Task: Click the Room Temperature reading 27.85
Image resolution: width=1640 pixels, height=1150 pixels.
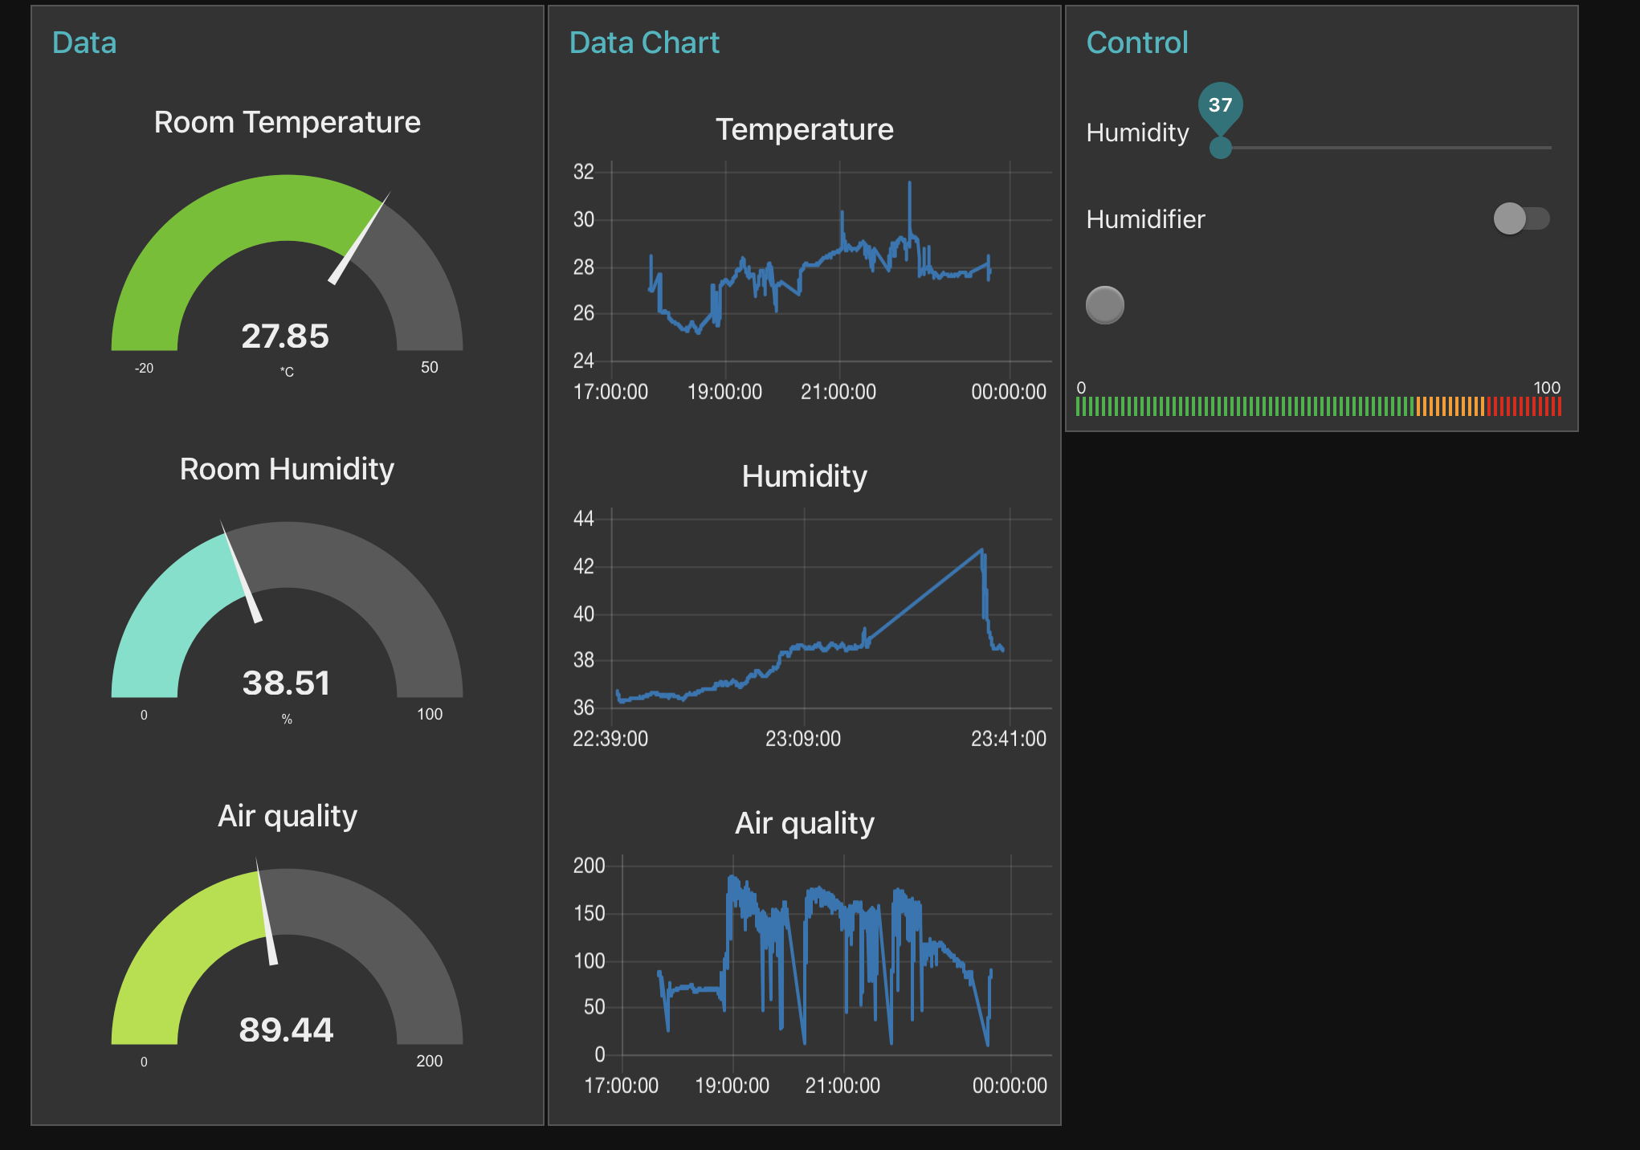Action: pyautogui.click(x=285, y=336)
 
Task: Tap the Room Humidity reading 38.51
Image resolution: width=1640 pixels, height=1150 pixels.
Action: pyautogui.click(x=286, y=683)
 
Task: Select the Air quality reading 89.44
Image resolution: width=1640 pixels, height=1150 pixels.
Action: pyautogui.click(x=286, y=1030)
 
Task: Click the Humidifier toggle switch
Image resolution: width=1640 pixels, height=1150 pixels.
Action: pyautogui.click(x=1521, y=218)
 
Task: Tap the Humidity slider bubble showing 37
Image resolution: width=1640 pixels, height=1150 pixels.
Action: pyautogui.click(x=1220, y=105)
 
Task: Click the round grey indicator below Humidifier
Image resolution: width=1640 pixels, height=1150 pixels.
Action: pyautogui.click(x=1105, y=305)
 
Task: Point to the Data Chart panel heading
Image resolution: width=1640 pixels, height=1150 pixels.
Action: pyautogui.click(x=644, y=43)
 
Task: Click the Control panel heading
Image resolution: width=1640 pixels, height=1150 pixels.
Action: pyautogui.click(x=1136, y=43)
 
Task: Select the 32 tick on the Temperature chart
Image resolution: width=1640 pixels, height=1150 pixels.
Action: pyautogui.click(x=584, y=172)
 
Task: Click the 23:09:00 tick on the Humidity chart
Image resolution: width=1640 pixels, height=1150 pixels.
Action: pyautogui.click(x=803, y=739)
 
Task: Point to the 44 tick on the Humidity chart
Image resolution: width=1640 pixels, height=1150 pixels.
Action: pyautogui.click(x=584, y=519)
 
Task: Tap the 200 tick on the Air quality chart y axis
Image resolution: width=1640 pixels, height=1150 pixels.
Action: pyautogui.click(x=589, y=866)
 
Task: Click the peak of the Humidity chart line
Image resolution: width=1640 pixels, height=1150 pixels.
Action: pyautogui.click(x=981, y=550)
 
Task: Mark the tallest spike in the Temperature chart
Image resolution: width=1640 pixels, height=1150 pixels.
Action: pyautogui.click(x=910, y=184)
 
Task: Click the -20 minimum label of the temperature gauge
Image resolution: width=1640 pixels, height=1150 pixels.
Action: pyautogui.click(x=144, y=368)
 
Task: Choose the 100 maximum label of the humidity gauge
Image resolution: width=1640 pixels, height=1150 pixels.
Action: pyautogui.click(x=430, y=714)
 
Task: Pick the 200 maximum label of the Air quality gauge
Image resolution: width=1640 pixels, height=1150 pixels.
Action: pyautogui.click(x=430, y=1061)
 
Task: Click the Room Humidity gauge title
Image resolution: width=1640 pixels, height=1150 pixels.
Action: pyautogui.click(x=287, y=469)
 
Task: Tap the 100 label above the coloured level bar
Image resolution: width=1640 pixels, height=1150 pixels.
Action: pyautogui.click(x=1546, y=388)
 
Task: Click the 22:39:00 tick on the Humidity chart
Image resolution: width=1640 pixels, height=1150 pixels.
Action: pyautogui.click(x=610, y=739)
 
